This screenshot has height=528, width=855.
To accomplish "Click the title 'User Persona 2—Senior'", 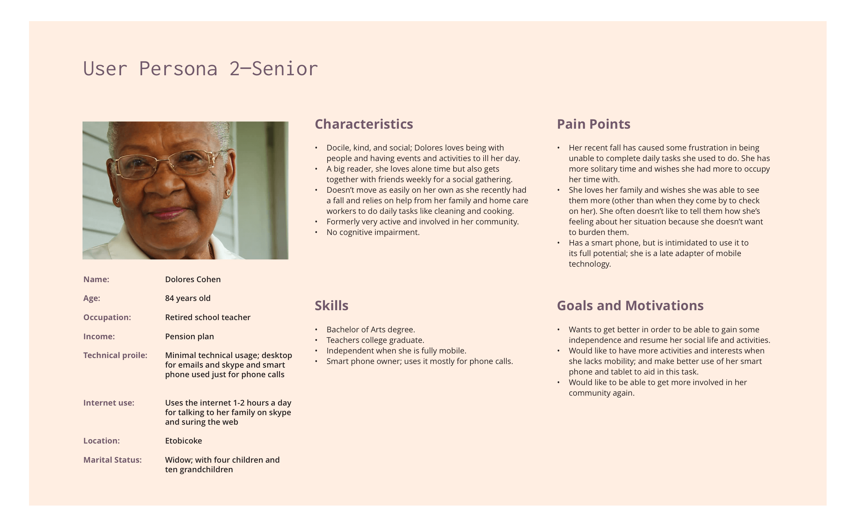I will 200,68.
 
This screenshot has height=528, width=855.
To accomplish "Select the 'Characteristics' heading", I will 364,124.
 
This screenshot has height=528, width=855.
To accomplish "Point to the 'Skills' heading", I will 331,306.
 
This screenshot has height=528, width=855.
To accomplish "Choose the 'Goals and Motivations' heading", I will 630,306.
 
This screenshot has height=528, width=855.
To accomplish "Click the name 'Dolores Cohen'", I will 193,280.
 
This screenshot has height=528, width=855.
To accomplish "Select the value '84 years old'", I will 188,298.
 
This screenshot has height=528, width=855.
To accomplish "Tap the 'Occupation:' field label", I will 107,317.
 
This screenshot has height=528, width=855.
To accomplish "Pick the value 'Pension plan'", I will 189,337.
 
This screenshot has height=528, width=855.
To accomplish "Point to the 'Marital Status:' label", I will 112,460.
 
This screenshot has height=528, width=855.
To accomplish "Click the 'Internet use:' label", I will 109,403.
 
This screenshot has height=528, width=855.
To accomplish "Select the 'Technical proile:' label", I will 115,355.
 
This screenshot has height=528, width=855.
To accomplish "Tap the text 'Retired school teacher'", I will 207,317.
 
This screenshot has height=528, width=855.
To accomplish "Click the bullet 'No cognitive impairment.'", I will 373,232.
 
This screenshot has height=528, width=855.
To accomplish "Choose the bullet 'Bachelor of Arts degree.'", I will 371,330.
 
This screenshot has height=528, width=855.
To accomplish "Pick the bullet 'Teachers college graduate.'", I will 375,340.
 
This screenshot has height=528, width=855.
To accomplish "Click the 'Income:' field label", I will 99,337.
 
